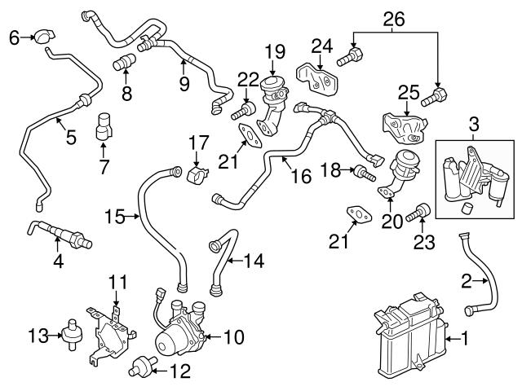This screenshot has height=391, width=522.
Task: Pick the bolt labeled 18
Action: pos(363,172)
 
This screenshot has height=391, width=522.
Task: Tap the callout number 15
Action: pos(116,216)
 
